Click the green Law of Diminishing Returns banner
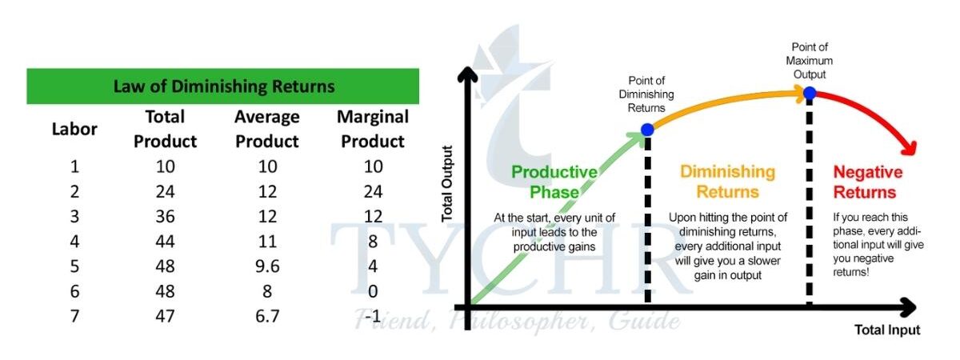click(223, 86)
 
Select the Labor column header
click(74, 129)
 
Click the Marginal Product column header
click(373, 129)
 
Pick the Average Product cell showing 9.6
click(267, 266)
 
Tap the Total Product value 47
click(165, 316)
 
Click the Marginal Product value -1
click(373, 316)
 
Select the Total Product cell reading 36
click(165, 217)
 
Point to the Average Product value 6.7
click(267, 316)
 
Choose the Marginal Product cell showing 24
click(373, 191)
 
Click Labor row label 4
click(74, 242)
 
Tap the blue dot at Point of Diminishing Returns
click(647, 130)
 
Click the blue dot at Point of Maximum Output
click(809, 93)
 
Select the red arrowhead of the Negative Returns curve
click(910, 148)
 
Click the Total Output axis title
click(447, 184)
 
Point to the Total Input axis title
click(887, 330)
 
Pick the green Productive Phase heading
click(554, 182)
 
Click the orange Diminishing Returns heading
click(728, 182)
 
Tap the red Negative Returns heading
click(867, 182)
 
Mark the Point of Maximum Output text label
click(809, 61)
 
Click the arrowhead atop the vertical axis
click(467, 74)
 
